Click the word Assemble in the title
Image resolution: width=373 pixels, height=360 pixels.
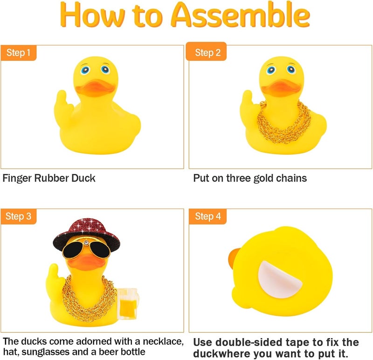[240, 16]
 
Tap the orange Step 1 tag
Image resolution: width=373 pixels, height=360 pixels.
[19, 53]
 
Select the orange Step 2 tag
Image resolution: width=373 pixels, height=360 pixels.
[207, 52]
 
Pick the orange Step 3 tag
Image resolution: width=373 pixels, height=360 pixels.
[19, 216]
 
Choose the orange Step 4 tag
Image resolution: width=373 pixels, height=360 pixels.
[207, 216]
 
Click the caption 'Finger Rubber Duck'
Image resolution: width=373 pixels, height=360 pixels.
[49, 178]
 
